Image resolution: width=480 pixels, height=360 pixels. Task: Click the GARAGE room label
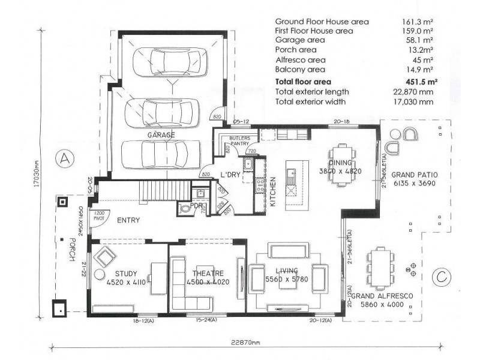point(160,136)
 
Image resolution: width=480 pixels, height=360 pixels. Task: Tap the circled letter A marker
point(64,159)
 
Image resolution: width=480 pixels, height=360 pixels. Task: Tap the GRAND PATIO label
point(415,175)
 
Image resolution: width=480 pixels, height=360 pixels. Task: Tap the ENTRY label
point(128,220)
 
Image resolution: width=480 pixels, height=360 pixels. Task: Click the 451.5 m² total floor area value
point(419,82)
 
